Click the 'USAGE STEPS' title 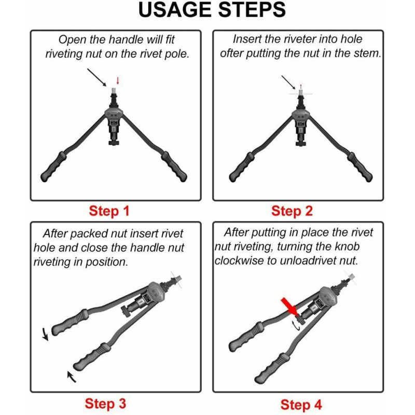coord(212,10)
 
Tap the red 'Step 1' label coord(109,211)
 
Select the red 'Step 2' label coord(292,211)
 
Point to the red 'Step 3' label coord(105,404)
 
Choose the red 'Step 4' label coord(301,405)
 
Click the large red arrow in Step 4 coord(289,307)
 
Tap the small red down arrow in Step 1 coord(118,81)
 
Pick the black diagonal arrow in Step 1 coord(96,77)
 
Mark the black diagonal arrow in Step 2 coord(288,82)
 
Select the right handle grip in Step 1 coord(174,167)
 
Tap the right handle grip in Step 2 coord(360,167)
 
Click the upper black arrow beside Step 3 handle coord(45,334)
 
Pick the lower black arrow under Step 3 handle coord(71,377)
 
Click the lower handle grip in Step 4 coord(272,368)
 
